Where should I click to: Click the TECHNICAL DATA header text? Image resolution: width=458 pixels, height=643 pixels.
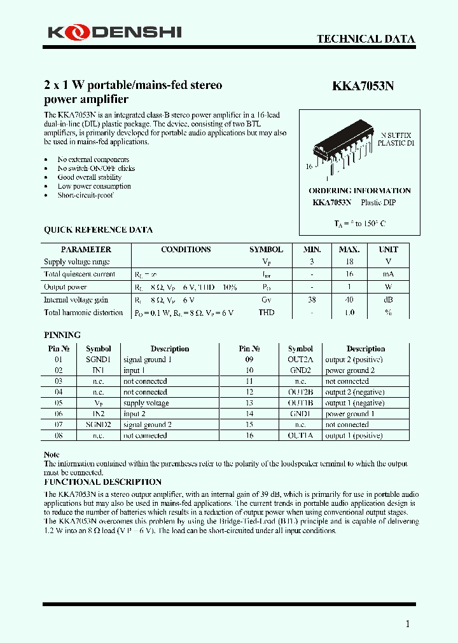point(366,39)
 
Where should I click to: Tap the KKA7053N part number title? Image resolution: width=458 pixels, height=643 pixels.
point(363,88)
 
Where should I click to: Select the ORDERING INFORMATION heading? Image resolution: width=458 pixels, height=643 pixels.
point(359,191)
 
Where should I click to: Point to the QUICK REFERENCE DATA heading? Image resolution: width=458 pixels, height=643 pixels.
point(98,230)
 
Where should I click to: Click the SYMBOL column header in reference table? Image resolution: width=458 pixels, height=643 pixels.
point(266,250)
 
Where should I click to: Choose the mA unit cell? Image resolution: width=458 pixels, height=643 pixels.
point(388,274)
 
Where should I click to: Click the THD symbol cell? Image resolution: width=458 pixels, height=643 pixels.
point(266,313)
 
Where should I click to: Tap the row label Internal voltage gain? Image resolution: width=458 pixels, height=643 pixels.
point(76,300)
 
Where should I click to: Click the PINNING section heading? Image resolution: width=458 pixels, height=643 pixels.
point(62,335)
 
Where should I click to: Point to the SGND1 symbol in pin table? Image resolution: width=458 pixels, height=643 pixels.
point(98,360)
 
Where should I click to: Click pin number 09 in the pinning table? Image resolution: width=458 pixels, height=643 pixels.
point(249,360)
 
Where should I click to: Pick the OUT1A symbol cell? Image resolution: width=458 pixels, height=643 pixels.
point(300,436)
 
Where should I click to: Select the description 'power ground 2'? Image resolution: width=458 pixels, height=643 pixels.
point(350,370)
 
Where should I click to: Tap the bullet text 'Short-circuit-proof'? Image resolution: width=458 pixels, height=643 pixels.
point(85,196)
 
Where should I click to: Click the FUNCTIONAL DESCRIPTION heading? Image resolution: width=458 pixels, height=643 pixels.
point(102,482)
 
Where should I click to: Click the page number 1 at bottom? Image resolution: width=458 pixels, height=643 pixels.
point(408,624)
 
